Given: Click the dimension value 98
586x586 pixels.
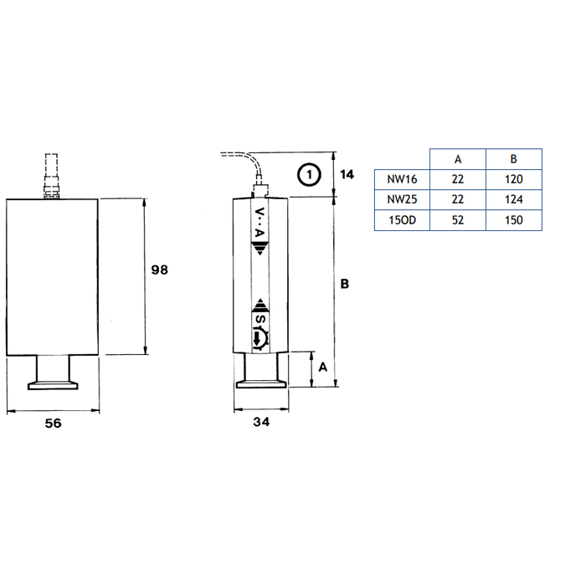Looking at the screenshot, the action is click(160, 270).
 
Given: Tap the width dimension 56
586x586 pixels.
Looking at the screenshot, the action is click(53, 423).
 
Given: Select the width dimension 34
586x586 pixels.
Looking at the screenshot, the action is click(261, 422).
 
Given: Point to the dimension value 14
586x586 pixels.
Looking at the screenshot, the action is click(347, 174).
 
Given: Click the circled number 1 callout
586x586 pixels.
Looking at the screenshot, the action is click(309, 174).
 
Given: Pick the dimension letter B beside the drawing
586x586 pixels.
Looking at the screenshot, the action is click(345, 284).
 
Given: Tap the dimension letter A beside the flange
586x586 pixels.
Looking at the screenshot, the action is click(323, 367).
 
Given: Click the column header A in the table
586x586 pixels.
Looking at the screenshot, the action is click(458, 159).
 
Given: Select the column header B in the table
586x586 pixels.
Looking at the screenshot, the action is click(513, 159).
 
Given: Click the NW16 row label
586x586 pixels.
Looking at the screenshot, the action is click(402, 179).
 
